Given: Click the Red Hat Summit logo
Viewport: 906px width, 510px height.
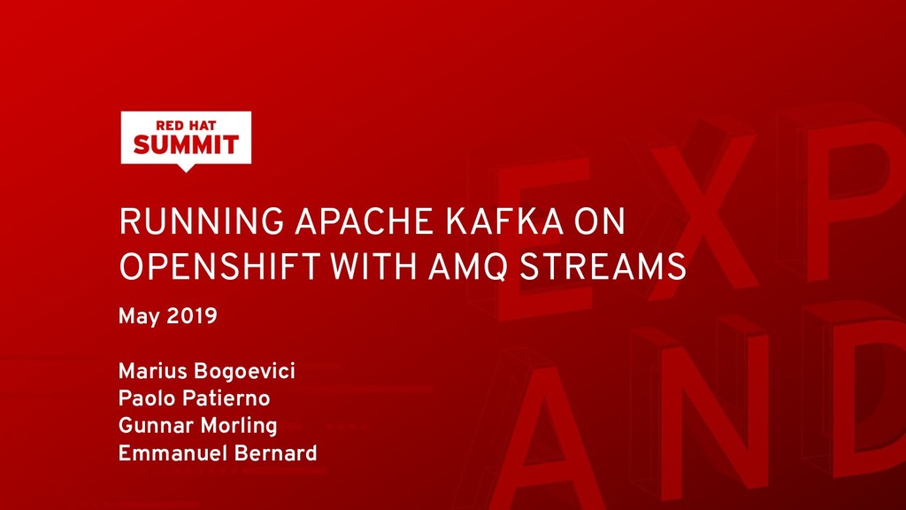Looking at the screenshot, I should pyautogui.click(x=186, y=138).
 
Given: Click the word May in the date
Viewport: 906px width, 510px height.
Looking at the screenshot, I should pyautogui.click(x=136, y=316).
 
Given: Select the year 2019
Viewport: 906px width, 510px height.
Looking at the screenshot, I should pyautogui.click(x=192, y=315).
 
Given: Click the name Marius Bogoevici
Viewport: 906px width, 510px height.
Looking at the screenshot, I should pyautogui.click(x=206, y=371).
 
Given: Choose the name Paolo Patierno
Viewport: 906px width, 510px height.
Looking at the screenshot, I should pyautogui.click(x=194, y=398).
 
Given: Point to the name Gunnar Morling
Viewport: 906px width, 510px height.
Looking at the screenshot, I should pyautogui.click(x=197, y=426).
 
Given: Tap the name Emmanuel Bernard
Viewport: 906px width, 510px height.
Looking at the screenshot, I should pyautogui.click(x=217, y=453).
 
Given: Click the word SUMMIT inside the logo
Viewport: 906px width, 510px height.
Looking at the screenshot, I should pyautogui.click(x=186, y=145).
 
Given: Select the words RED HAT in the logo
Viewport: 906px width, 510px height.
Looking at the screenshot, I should pyautogui.click(x=186, y=124).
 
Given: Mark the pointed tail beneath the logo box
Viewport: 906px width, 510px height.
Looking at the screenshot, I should pyautogui.click(x=186, y=167).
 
